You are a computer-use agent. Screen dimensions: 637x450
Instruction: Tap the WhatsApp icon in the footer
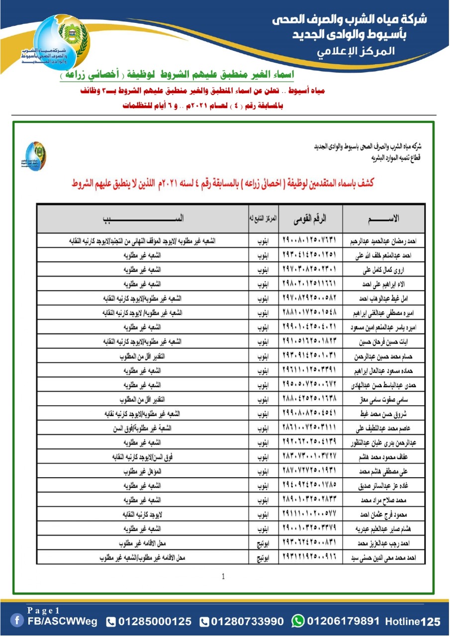click(x=298, y=621)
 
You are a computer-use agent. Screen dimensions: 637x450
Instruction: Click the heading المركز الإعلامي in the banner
click(x=356, y=52)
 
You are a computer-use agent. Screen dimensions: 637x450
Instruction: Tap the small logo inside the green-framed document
click(x=36, y=156)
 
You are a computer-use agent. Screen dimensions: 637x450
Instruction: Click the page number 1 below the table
click(x=223, y=577)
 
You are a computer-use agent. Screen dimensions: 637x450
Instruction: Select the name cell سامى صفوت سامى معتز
click(x=392, y=400)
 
